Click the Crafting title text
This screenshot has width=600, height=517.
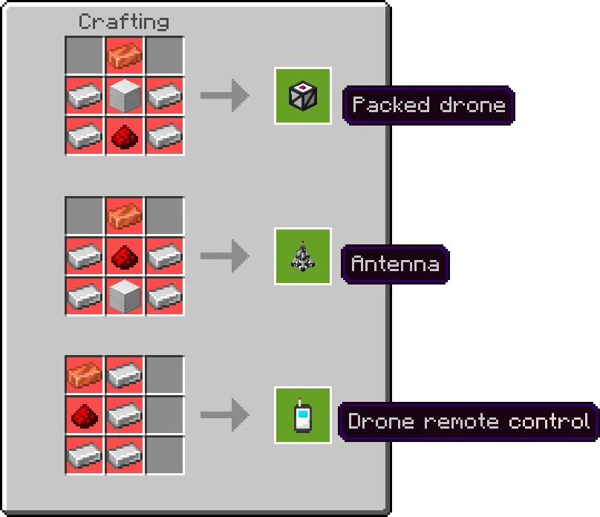pos(123,22)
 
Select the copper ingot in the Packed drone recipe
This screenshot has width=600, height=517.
pos(125,56)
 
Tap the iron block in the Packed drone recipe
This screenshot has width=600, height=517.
pos(125,96)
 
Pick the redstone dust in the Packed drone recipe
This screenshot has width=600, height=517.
pos(125,137)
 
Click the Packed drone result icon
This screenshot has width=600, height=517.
pos(303,96)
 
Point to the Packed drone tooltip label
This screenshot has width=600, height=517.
pos(428,105)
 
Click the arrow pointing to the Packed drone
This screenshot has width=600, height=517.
pos(225,96)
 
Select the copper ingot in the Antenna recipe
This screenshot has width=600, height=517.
pos(125,216)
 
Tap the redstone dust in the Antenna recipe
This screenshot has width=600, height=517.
pos(125,257)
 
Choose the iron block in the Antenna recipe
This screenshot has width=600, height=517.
pos(125,296)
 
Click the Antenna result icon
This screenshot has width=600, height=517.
pos(303,256)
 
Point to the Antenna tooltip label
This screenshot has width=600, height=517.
pos(395,264)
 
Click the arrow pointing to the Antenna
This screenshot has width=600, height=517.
pos(225,256)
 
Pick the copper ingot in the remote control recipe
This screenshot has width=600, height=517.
pos(85,375)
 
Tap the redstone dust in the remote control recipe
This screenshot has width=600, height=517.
pos(85,415)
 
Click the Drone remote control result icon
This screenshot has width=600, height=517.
pos(303,415)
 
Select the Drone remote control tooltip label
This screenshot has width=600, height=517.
pos(469,422)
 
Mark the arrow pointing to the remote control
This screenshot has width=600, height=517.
pos(225,414)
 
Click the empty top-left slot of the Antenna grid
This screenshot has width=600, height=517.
pos(85,216)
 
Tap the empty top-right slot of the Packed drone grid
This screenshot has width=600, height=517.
pos(165,56)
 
